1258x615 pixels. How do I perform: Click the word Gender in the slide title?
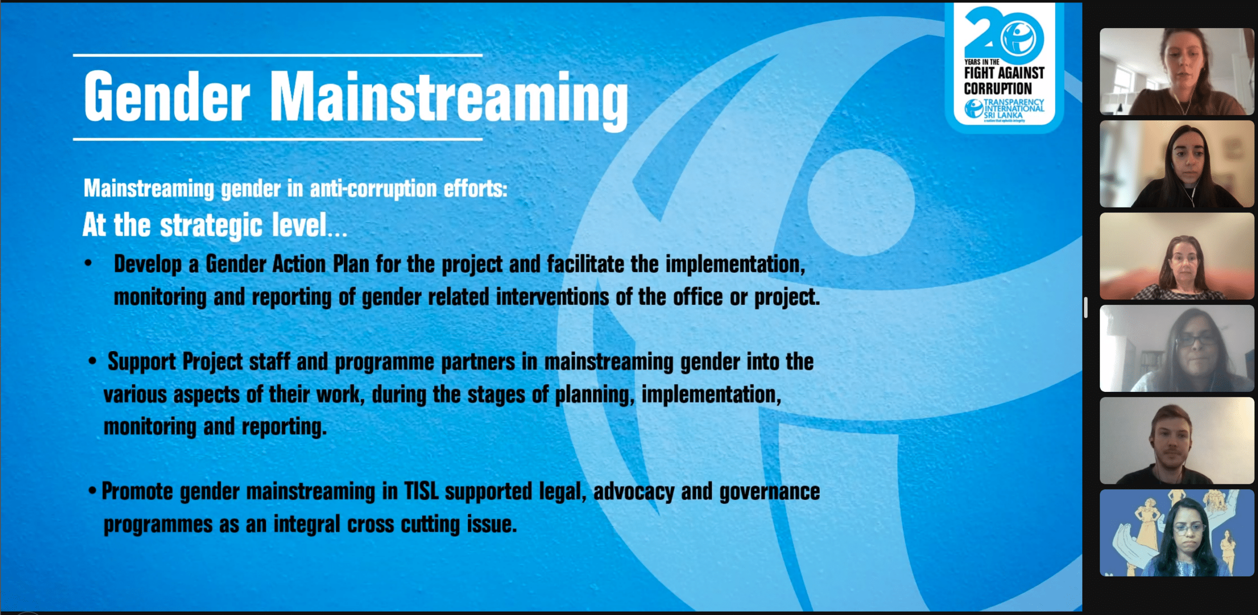(x=167, y=96)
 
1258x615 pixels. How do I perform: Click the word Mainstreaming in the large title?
(x=449, y=100)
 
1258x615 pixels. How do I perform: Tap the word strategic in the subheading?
(x=211, y=226)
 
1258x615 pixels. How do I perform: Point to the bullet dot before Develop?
(x=88, y=264)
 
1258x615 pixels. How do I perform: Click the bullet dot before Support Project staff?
(x=92, y=361)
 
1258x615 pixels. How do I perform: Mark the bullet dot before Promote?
(x=92, y=491)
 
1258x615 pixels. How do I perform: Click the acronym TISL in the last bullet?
(x=421, y=491)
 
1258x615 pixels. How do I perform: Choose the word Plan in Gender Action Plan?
(x=351, y=264)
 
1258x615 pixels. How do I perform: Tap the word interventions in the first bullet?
(x=552, y=297)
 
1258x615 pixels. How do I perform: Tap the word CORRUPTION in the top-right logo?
(x=998, y=88)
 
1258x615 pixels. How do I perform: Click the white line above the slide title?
(x=278, y=55)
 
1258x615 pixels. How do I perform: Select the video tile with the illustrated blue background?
(x=1177, y=533)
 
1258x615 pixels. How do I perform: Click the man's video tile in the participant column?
(x=1177, y=440)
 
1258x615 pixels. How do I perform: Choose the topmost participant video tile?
(x=1177, y=71)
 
